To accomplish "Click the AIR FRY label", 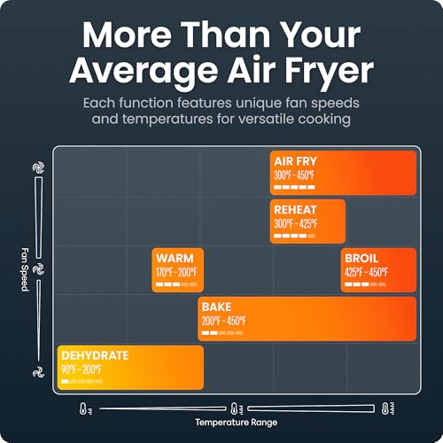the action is [295, 161].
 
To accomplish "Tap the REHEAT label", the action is [295, 210].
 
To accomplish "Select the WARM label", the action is [175, 258].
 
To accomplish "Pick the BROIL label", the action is [361, 258].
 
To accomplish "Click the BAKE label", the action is [216, 307].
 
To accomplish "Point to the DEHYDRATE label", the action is [95, 355].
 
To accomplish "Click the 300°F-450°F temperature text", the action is [294, 175].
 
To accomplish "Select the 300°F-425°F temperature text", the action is [296, 224].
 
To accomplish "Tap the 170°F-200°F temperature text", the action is [176, 272].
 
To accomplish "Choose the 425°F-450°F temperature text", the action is [367, 272].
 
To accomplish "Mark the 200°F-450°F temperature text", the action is [224, 321].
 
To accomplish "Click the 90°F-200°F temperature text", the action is [82, 369].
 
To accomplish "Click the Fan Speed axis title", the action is [25, 269].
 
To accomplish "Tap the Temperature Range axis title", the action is [236, 423].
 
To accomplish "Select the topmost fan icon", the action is [38, 167].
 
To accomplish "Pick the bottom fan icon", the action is [38, 372].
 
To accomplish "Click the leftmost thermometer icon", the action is [85, 408].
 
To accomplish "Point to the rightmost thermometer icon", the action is [387, 408].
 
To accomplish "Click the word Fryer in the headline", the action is [329, 71].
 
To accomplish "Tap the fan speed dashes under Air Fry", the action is [294, 187].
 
